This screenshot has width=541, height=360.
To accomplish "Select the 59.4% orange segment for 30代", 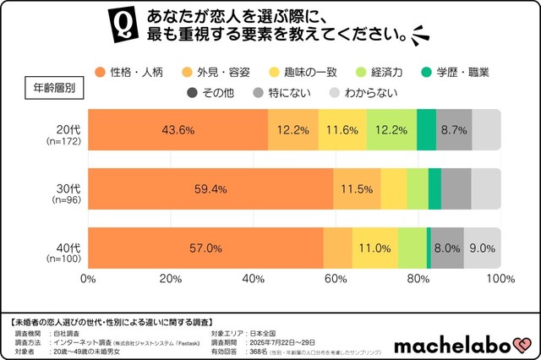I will tap(210, 189).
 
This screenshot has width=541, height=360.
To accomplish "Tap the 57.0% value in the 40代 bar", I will tap(206, 248).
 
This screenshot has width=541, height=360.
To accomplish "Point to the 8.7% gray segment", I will tap(454, 130).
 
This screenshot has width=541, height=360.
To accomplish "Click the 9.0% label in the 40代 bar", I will tap(482, 248).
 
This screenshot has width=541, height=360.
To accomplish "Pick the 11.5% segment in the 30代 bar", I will tap(357, 189).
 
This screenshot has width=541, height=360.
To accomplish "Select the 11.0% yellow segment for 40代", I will tap(374, 248).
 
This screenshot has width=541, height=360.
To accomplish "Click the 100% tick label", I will tap(500, 279).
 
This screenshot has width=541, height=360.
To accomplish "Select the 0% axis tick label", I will tap(87, 279).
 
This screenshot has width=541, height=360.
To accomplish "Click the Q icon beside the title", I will tap(124, 25).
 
